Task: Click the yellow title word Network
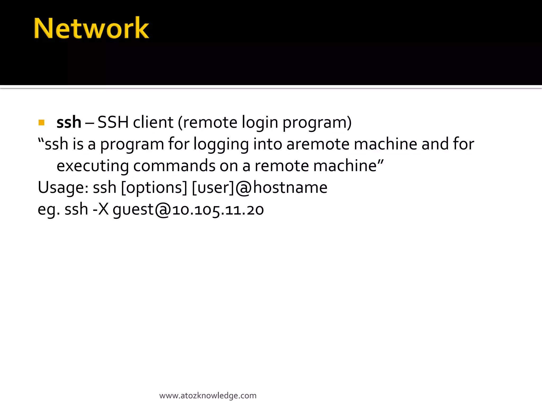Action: coord(91,28)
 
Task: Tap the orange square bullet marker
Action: coord(41,122)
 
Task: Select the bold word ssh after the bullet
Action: coord(69,122)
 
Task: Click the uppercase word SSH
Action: coord(113,122)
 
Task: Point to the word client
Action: coord(153,122)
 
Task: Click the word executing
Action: coord(93,166)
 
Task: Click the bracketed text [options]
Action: coord(154,188)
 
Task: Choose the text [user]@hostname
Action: coord(260,188)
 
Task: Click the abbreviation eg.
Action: coord(49,210)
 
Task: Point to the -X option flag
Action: coord(101,209)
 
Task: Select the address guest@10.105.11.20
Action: coord(188,210)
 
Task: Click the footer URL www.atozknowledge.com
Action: coord(208,396)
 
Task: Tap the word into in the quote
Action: coord(268,144)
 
